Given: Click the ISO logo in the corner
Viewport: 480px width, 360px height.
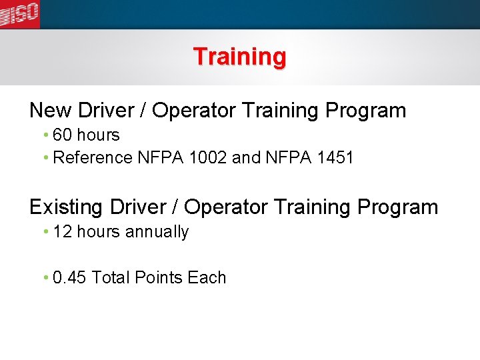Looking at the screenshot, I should (x=19, y=13).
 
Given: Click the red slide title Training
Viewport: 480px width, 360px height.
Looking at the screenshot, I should (x=239, y=57).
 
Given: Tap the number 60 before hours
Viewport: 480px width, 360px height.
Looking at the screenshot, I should (x=62, y=135).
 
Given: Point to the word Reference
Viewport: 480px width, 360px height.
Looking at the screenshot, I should (x=93, y=158).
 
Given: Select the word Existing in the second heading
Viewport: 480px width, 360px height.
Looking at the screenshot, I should (x=67, y=207).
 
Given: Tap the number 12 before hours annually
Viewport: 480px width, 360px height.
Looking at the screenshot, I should (x=62, y=232).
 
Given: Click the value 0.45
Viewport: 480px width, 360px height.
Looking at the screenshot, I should (x=69, y=278).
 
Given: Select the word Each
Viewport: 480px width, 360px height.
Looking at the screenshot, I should (x=207, y=278).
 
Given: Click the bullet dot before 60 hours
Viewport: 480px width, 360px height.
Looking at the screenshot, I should (x=45, y=136).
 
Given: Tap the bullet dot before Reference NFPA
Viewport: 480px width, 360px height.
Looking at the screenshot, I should (x=45, y=159).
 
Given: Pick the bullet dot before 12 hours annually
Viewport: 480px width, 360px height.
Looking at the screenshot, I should (x=45, y=233).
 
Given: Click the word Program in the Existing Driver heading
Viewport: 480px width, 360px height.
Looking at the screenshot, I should (x=398, y=207).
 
